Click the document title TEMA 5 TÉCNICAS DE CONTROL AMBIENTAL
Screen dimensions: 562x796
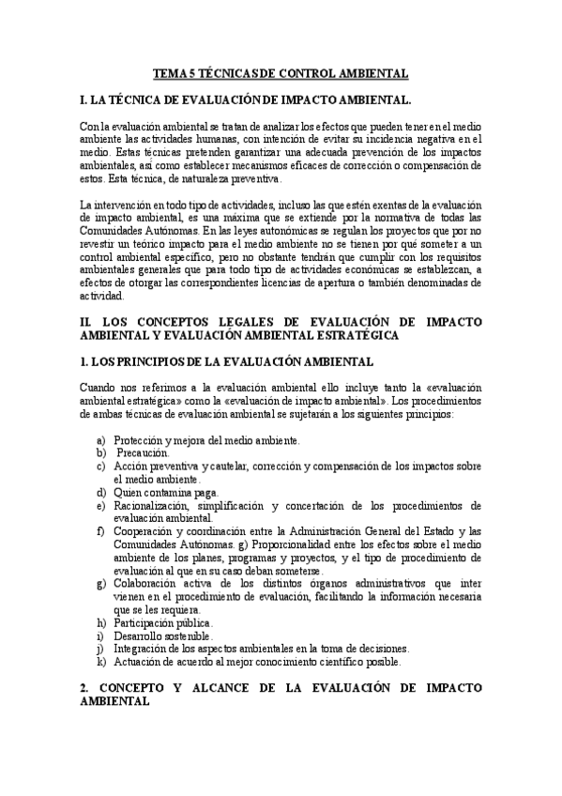pyautogui.click(x=281, y=73)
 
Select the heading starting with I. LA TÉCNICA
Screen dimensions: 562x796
pyautogui.click(x=245, y=98)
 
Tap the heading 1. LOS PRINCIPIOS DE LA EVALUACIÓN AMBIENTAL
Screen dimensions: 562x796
pyautogui.click(x=227, y=361)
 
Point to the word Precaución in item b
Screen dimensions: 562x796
pyautogui.click(x=144, y=452)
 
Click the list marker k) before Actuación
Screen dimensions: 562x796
pyautogui.click(x=100, y=662)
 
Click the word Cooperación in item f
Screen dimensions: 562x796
pyautogui.click(x=147, y=531)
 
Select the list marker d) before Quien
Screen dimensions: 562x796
pyautogui.click(x=100, y=492)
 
